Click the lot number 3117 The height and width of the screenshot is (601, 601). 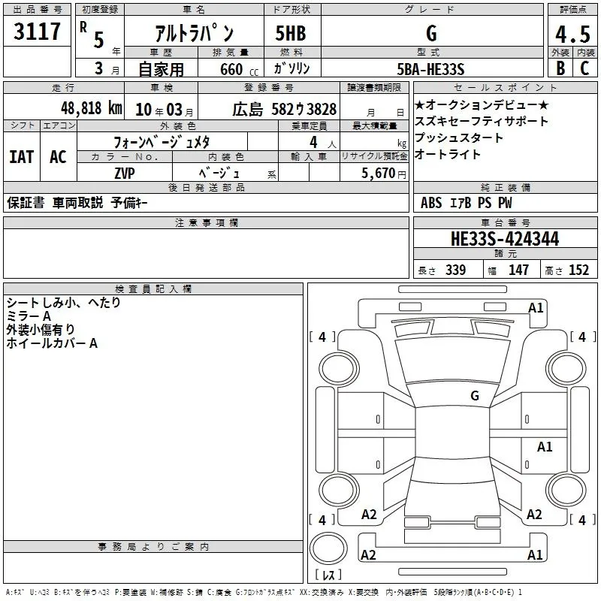point(38,32)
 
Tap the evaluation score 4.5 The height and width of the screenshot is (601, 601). point(571,35)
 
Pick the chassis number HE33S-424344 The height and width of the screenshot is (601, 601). point(505,239)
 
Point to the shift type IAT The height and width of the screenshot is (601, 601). point(22,156)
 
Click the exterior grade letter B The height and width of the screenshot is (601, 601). point(560,68)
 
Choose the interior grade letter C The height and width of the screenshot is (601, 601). point(584,68)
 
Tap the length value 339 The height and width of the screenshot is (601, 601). point(455,270)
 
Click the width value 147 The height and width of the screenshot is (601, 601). point(518,270)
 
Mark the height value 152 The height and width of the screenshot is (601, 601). point(578,270)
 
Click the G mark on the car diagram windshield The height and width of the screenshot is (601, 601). point(475,395)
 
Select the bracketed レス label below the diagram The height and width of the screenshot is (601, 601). point(329,575)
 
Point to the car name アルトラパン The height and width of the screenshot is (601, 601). point(193,33)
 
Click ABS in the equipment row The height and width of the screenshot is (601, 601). point(432,202)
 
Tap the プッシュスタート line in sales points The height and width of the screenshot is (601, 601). point(458,137)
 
